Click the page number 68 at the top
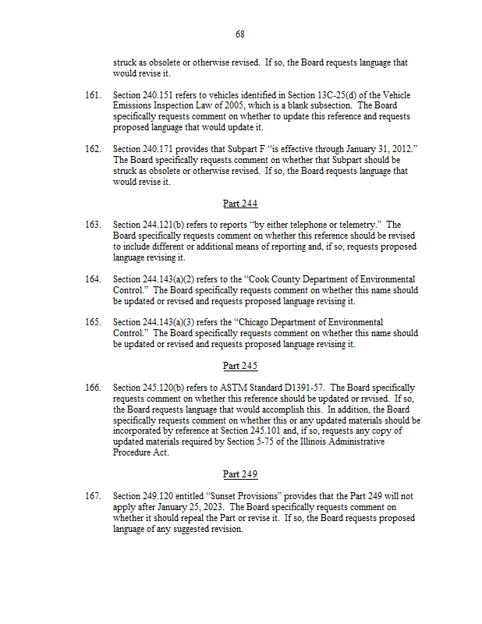[240, 34]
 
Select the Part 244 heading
[240, 204]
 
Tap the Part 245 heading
[240, 366]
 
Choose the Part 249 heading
[240, 473]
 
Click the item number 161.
[93, 96]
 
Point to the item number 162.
[93, 149]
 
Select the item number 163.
[93, 225]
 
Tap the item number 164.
[93, 279]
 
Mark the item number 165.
[93, 322]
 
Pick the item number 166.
[93, 388]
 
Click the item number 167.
[93, 496]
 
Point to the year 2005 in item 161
[236, 106]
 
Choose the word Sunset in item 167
[224, 496]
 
